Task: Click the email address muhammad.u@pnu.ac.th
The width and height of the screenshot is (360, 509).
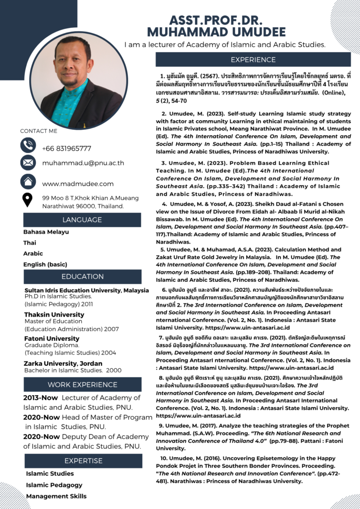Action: pyautogui.click(x=83, y=163)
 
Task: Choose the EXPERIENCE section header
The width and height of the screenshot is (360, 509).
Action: pyautogui.click(x=253, y=60)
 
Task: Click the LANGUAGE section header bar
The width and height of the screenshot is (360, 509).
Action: pyautogui.click(x=82, y=220)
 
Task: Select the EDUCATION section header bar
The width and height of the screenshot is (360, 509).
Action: pyautogui.click(x=82, y=276)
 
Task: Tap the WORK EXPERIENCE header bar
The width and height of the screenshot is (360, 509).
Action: pyautogui.click(x=82, y=384)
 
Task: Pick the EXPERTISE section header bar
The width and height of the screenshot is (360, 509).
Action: pyautogui.click(x=82, y=461)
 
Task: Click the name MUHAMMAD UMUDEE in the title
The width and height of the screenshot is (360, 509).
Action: pyautogui.click(x=216, y=32)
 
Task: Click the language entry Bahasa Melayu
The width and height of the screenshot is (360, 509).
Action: pyautogui.click(x=46, y=232)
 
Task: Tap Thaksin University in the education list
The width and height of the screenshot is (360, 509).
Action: pyautogui.click(x=54, y=315)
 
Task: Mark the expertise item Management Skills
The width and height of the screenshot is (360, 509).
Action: pyautogui.click(x=56, y=496)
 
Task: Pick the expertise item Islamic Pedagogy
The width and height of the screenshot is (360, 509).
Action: pyautogui.click(x=54, y=485)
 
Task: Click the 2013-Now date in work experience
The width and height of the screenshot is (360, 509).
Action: pyautogui.click(x=39, y=398)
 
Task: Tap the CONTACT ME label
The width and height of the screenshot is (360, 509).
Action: pyautogui.click(x=39, y=131)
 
